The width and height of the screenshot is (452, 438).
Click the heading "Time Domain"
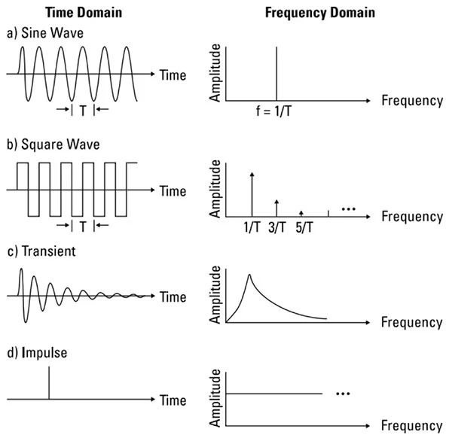pos(84,13)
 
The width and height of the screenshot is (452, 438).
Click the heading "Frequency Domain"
pos(320,13)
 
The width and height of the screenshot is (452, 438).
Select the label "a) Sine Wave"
pos(45,33)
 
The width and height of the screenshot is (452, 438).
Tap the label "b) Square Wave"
pos(53,144)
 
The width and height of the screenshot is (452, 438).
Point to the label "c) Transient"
pos(41,251)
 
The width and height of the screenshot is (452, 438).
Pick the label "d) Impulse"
pos(37,353)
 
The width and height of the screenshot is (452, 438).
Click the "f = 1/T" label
pos(273,111)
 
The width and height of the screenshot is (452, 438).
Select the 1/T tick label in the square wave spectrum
pos(252,227)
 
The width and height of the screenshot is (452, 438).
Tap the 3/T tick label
pos(277,227)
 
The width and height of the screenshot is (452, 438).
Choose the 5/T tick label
pos(304,227)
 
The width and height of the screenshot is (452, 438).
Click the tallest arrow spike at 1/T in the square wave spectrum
pos(252,194)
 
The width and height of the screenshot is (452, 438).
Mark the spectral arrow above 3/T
pos(276,208)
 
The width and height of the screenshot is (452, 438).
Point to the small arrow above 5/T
pos(301,214)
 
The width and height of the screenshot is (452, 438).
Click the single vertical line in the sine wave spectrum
pos(276,74)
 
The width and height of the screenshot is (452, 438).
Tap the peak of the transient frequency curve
pos(249,275)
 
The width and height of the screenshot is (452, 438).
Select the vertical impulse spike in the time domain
pos(49,383)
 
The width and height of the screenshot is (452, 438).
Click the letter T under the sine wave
pos(83,111)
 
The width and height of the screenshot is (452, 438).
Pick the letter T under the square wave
pos(83,227)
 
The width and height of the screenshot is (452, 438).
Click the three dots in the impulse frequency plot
pos(343,394)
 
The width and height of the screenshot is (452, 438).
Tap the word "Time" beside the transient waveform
pos(173,297)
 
